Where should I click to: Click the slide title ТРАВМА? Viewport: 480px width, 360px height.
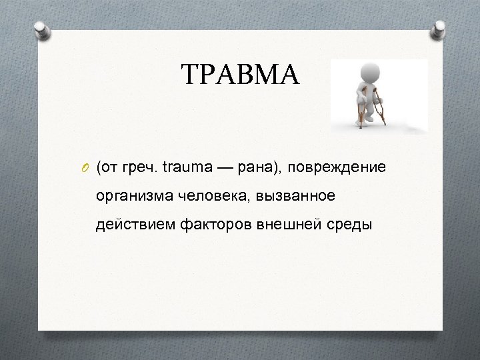(x=241, y=75)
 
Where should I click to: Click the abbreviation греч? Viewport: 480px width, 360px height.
(x=140, y=167)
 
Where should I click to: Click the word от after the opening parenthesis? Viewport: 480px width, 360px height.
(x=108, y=167)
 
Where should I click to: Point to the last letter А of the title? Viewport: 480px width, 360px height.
(x=290, y=75)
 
